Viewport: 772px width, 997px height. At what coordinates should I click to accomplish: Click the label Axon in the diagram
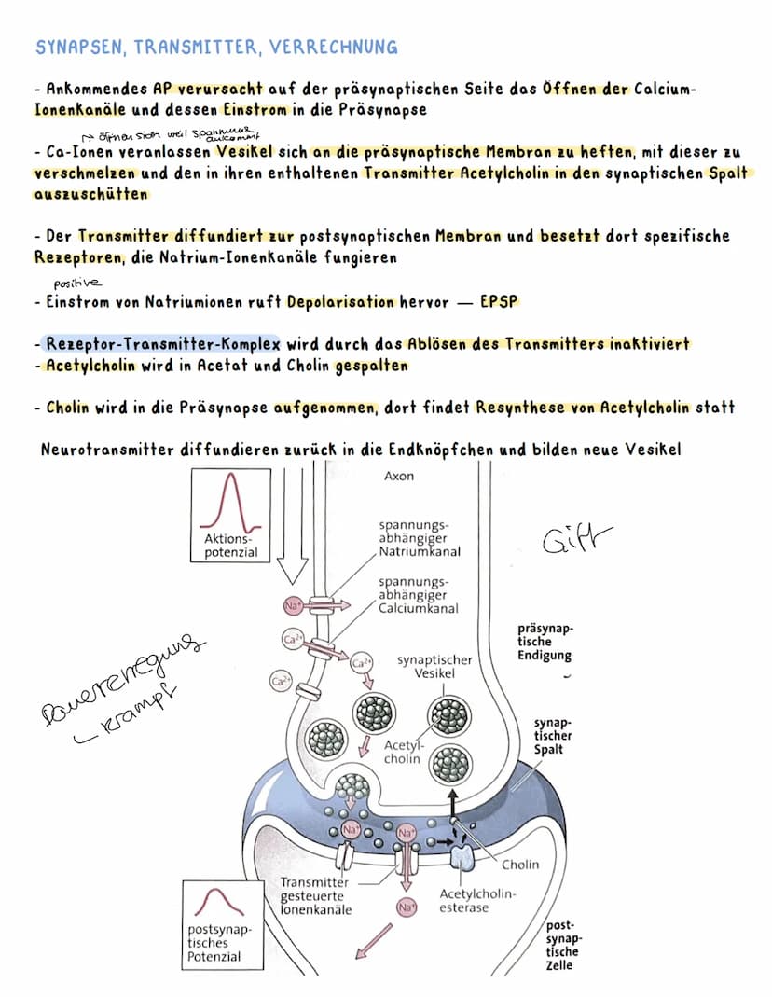point(399,476)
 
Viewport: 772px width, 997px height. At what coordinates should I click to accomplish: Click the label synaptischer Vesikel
point(434,666)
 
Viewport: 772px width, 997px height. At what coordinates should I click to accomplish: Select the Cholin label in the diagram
point(520,865)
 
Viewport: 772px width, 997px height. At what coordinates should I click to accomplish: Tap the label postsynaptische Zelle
point(563,946)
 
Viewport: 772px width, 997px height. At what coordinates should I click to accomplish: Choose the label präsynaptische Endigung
point(545,642)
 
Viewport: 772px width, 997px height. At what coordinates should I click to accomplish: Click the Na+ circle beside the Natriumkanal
point(291,607)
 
